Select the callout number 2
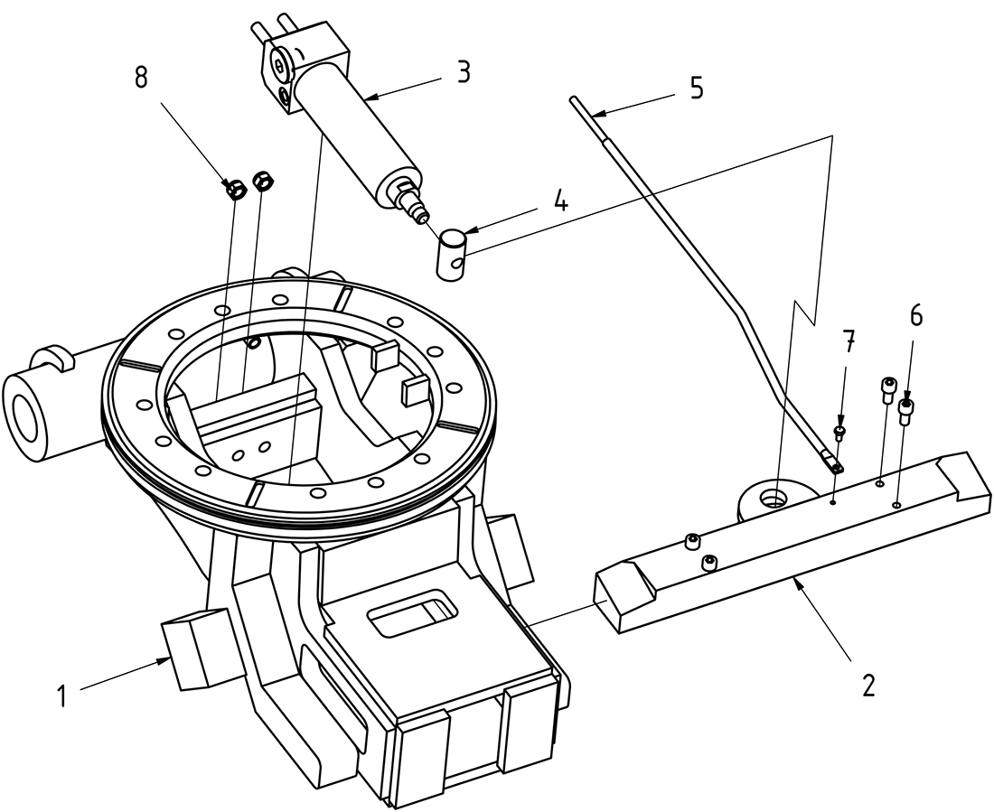point(868,685)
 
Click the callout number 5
point(696,88)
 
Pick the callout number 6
point(916,314)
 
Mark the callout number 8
point(141,78)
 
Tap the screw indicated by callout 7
point(840,433)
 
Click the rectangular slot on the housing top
point(410,611)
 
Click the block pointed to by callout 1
point(197,648)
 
